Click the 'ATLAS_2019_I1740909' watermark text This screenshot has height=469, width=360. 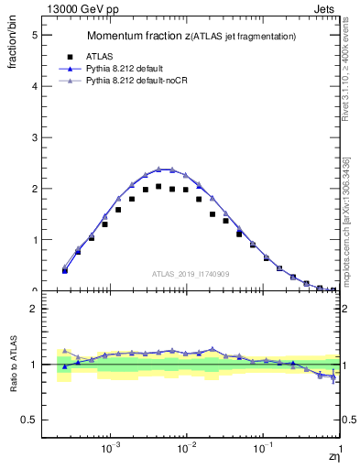pos(191,274)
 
